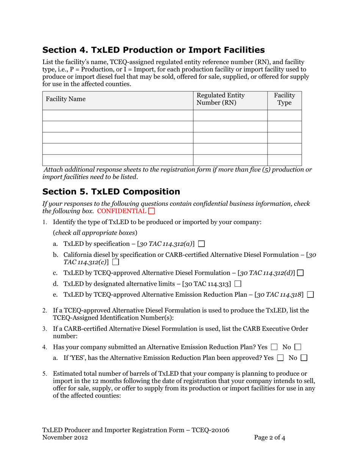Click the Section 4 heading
click(153, 50)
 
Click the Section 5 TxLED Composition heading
click(111, 191)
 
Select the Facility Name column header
click(66, 99)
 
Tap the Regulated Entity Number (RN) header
click(221, 99)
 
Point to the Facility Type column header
click(284, 99)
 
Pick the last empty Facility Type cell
click(284, 160)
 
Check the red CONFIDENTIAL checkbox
click(152, 211)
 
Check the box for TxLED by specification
click(201, 243)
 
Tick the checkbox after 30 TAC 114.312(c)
click(116, 262)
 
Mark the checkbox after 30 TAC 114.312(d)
click(301, 273)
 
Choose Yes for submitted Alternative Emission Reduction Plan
click(274, 347)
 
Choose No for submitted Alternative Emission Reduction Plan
click(297, 347)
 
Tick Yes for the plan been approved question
click(280, 358)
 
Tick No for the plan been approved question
click(304, 358)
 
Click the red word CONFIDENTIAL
click(121, 211)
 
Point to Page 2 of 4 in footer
click(269, 438)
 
